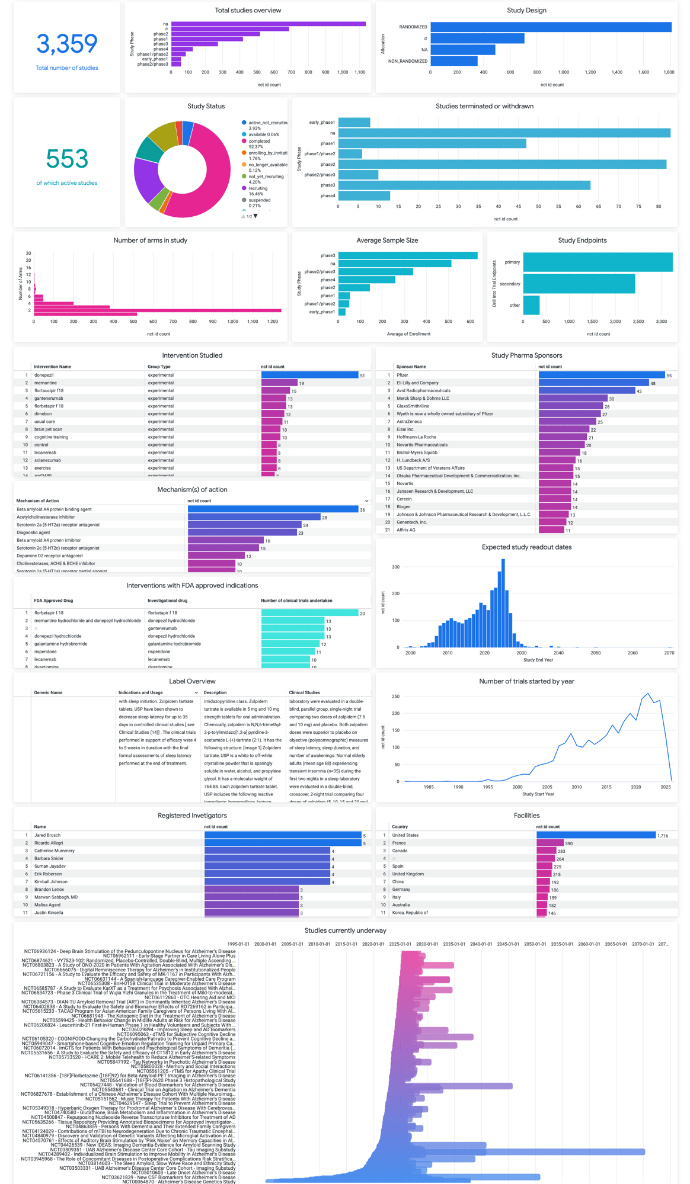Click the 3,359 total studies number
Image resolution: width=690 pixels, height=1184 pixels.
[x=66, y=44]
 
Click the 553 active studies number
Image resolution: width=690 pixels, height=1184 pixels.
[x=67, y=159]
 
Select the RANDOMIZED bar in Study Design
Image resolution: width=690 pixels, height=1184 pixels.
[x=550, y=27]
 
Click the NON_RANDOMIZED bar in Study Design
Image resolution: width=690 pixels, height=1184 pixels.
[x=453, y=61]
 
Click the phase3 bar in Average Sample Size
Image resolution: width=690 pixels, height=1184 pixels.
[x=407, y=255]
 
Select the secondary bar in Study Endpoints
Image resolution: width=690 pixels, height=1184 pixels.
[x=579, y=284]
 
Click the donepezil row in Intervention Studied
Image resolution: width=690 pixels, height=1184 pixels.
[x=44, y=375]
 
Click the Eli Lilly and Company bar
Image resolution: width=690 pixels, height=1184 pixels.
[x=593, y=383]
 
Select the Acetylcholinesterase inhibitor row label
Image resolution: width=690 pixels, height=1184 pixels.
[x=46, y=517]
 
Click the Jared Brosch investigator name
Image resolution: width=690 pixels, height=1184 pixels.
[x=47, y=835]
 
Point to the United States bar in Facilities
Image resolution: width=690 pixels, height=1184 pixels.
[x=596, y=835]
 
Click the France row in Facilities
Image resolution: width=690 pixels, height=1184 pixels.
[x=399, y=843]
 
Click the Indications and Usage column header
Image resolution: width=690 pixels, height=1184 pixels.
[x=140, y=692]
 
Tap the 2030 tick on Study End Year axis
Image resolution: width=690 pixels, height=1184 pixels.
[x=521, y=653]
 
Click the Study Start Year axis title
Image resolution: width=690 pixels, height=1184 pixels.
[x=538, y=794]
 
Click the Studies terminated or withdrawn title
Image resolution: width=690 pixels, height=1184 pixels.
[x=484, y=106]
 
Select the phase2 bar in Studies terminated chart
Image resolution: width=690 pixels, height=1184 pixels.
[x=501, y=164]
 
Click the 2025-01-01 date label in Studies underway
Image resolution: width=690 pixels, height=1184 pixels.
[x=400, y=944]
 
